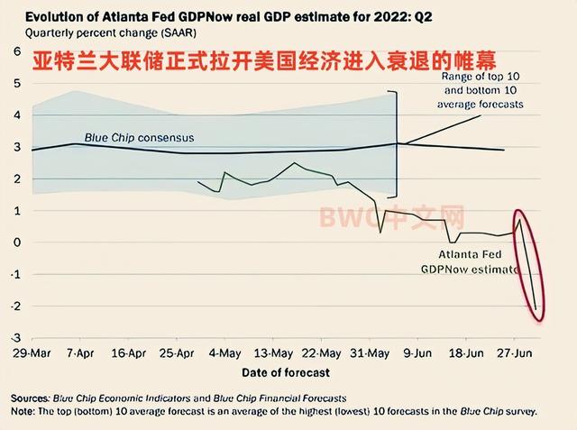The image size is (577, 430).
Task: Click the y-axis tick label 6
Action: coord(16,52)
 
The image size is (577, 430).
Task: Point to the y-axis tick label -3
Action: coord(14,337)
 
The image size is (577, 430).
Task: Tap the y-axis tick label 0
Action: coord(16,242)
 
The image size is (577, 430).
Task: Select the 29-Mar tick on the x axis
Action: coord(32,352)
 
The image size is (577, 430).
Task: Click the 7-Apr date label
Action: coord(81,352)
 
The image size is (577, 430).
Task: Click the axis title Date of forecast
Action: coord(285,371)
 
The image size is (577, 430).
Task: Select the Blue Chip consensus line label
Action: coord(139,138)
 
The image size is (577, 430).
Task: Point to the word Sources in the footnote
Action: coord(31,397)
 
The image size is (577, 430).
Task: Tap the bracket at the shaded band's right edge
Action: coord(395,144)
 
